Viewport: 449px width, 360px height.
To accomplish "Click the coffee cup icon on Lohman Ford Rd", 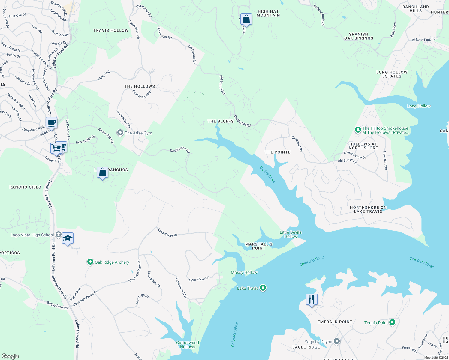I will click(x=51, y=123).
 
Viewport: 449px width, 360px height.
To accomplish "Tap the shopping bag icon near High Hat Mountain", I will click(x=246, y=19).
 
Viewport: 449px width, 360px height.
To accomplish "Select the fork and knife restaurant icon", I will click(x=312, y=299).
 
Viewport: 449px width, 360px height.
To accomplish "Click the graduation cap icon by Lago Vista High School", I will click(x=68, y=238).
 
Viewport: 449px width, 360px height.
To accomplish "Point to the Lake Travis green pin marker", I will click(x=263, y=288).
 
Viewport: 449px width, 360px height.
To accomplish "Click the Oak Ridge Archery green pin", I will click(x=90, y=262).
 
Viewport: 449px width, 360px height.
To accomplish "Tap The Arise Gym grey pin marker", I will click(x=120, y=133).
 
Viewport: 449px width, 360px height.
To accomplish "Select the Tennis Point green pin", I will click(x=392, y=322).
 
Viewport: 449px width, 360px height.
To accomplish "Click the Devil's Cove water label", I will click(x=267, y=175).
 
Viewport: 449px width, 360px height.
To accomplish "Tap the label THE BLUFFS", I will click(x=221, y=121).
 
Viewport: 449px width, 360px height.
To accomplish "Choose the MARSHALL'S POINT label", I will click(x=259, y=246).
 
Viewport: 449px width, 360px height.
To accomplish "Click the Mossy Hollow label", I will click(x=244, y=272).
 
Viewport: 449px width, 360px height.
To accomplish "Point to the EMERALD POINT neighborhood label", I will click(x=335, y=322).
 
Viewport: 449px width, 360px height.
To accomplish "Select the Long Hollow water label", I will click(x=419, y=106).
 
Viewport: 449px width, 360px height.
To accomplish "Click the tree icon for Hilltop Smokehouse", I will click(x=358, y=130).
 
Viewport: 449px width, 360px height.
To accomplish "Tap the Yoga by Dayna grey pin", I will click(x=337, y=341).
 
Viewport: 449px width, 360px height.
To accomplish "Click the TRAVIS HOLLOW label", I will click(x=111, y=30).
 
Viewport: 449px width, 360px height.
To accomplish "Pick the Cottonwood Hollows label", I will click(x=188, y=345).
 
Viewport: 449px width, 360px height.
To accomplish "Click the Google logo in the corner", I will click(x=10, y=356).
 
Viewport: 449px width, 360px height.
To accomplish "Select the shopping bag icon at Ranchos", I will click(x=102, y=172).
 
